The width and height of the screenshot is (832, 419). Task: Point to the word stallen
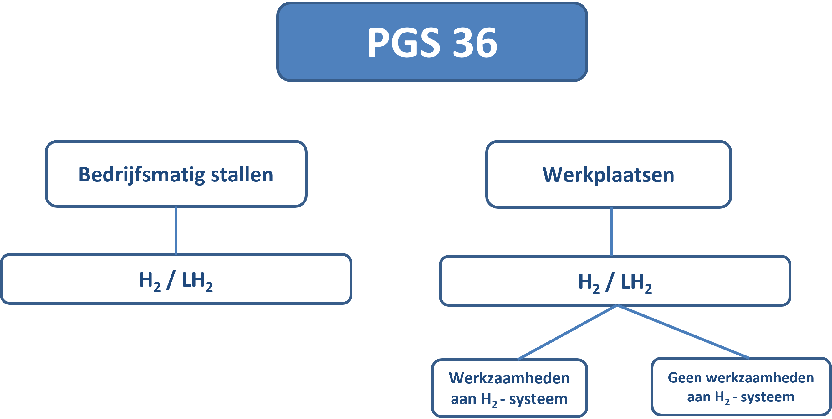[242, 175]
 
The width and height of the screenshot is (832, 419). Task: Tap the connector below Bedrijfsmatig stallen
[176, 230]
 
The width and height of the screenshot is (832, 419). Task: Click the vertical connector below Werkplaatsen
[611, 232]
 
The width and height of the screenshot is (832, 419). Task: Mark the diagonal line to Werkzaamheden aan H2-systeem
[568, 332]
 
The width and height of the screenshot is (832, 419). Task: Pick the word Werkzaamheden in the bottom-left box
[509, 378]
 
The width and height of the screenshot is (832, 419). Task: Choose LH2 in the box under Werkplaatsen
[636, 283]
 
